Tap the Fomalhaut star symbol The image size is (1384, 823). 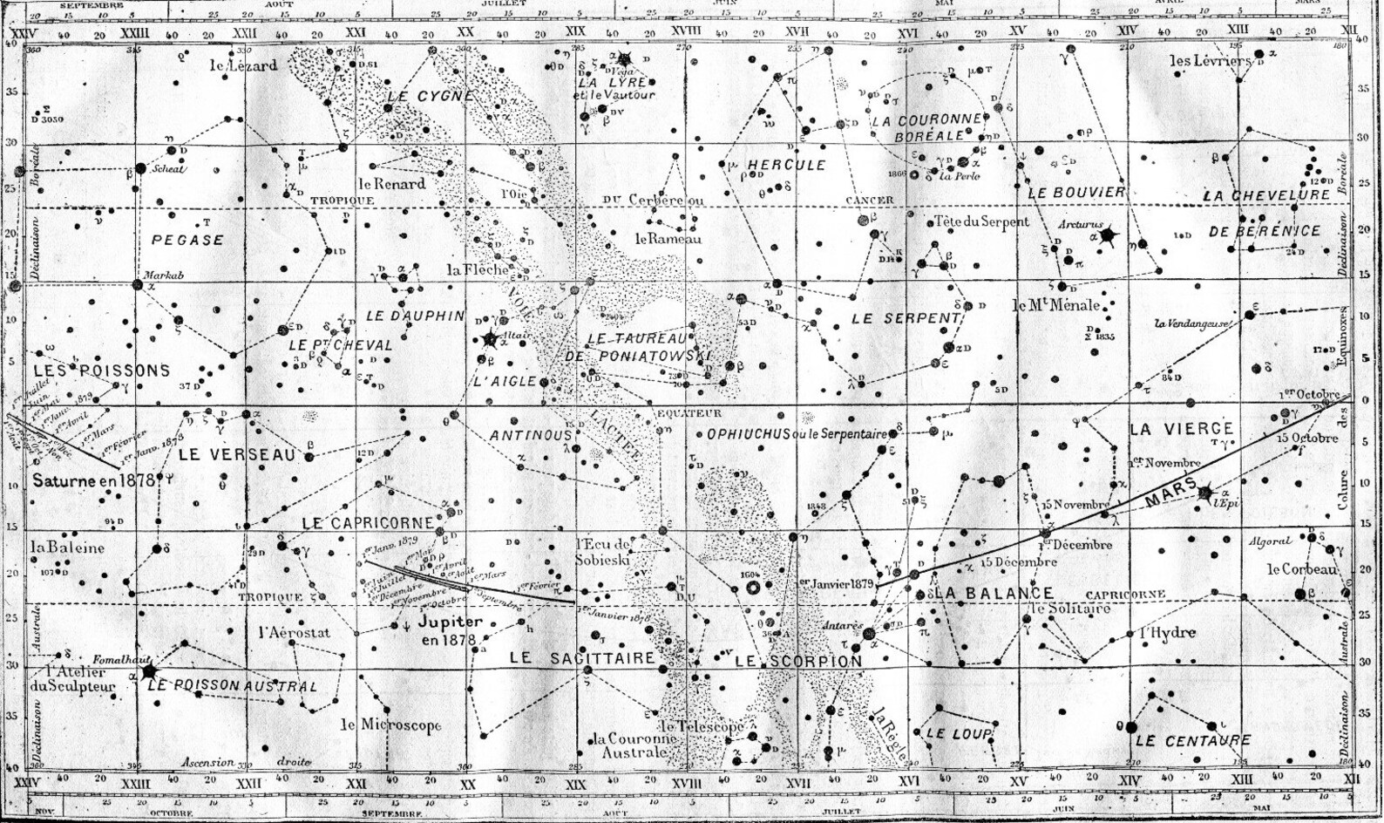tap(148, 671)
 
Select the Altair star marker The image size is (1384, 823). tap(490, 338)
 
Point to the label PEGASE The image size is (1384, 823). tap(187, 240)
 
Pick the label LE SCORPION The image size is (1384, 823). tap(797, 661)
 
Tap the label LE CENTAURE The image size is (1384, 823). tap(1192, 741)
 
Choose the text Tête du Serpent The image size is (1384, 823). tap(980, 221)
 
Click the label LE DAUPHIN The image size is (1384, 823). tap(415, 316)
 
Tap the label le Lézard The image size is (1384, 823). tap(243, 65)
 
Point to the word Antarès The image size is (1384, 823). tap(844, 625)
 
